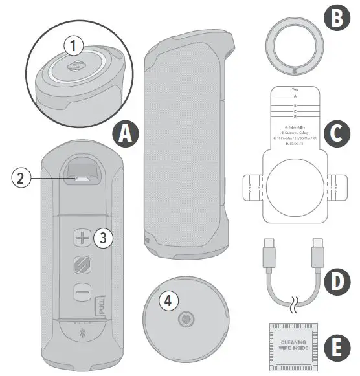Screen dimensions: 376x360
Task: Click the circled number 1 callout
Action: (74, 47)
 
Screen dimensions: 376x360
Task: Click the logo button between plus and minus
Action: (82, 265)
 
